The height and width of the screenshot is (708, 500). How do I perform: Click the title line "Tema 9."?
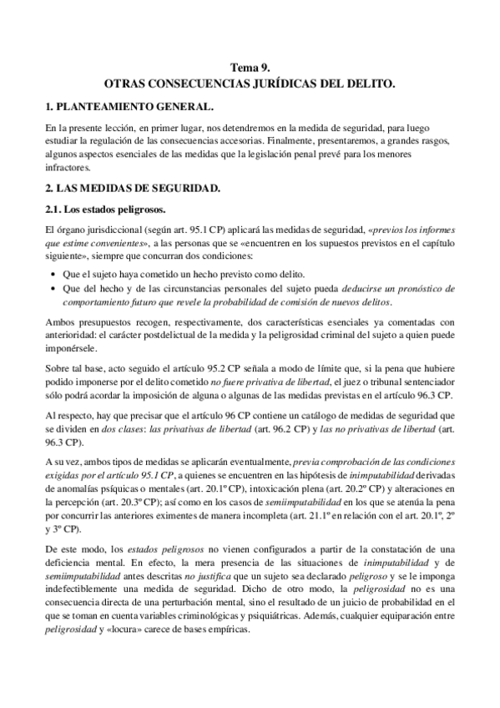click(x=250, y=70)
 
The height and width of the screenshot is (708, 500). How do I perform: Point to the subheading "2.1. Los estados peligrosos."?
click(x=104, y=209)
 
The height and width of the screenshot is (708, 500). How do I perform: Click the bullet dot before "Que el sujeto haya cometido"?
click(x=54, y=275)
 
